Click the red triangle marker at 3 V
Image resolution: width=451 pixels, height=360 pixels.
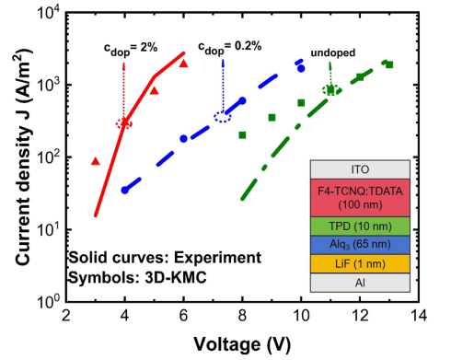[96, 161]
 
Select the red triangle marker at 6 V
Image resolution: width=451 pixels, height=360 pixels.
[183, 64]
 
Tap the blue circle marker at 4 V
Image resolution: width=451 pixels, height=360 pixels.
[124, 191]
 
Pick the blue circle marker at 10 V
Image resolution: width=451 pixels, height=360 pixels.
[301, 68]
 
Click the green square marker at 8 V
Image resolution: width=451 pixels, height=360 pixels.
[242, 135]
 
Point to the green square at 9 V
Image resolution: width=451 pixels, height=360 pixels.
[272, 118]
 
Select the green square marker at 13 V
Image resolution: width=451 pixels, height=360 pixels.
[389, 64]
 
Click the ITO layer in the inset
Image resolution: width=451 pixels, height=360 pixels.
[360, 169]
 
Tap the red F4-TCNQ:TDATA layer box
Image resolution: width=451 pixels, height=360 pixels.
[360, 198]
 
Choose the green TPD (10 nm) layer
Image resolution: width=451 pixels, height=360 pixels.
[360, 226]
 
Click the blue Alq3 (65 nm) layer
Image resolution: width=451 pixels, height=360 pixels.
[360, 245]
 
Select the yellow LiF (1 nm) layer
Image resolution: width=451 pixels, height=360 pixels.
[360, 263]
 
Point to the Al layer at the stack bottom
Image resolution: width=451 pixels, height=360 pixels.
[360, 283]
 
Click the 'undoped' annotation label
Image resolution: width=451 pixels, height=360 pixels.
[333, 52]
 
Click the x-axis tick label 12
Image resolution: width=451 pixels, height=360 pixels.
[360, 315]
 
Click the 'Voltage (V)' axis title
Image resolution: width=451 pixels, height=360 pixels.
[242, 343]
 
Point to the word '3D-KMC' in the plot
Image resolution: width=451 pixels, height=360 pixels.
[176, 278]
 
